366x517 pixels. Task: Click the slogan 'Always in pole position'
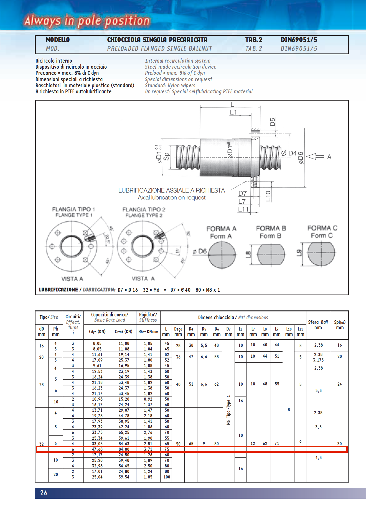click(87, 21)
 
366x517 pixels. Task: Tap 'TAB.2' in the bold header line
click(253, 40)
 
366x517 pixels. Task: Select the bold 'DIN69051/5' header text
click(299, 40)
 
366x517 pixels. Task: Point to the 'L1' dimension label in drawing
click(233, 112)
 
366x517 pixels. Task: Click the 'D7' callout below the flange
click(242, 193)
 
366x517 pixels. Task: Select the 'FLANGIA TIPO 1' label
click(73, 209)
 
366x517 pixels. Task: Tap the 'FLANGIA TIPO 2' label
click(144, 209)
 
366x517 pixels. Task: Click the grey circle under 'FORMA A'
click(222, 255)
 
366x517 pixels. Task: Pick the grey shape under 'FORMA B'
click(271, 254)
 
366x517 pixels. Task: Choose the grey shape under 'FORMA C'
click(321, 254)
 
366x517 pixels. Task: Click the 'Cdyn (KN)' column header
click(97, 332)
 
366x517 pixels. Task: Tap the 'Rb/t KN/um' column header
click(148, 332)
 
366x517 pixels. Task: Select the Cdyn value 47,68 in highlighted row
click(97, 449)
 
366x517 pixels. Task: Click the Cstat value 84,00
click(124, 449)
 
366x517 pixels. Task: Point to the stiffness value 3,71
click(148, 449)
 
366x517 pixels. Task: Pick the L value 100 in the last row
click(167, 477)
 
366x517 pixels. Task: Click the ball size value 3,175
click(318, 360)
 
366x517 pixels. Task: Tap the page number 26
click(44, 493)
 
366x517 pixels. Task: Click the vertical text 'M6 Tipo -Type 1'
click(228, 410)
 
